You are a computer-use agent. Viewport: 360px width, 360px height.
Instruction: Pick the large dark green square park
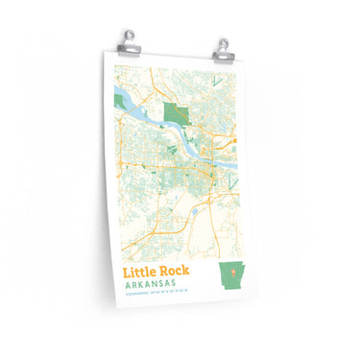175,114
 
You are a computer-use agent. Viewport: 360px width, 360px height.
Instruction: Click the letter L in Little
125,274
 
